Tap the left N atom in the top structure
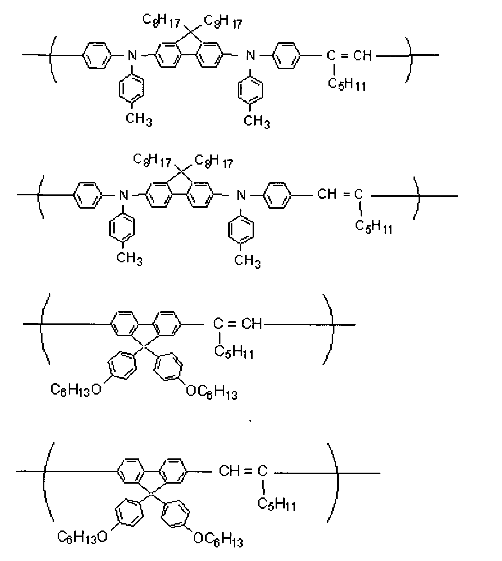132,56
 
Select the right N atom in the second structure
241,196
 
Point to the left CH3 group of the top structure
139,120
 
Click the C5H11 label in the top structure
347,84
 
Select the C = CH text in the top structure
349,56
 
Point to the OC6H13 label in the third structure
211,392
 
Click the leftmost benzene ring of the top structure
97,55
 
